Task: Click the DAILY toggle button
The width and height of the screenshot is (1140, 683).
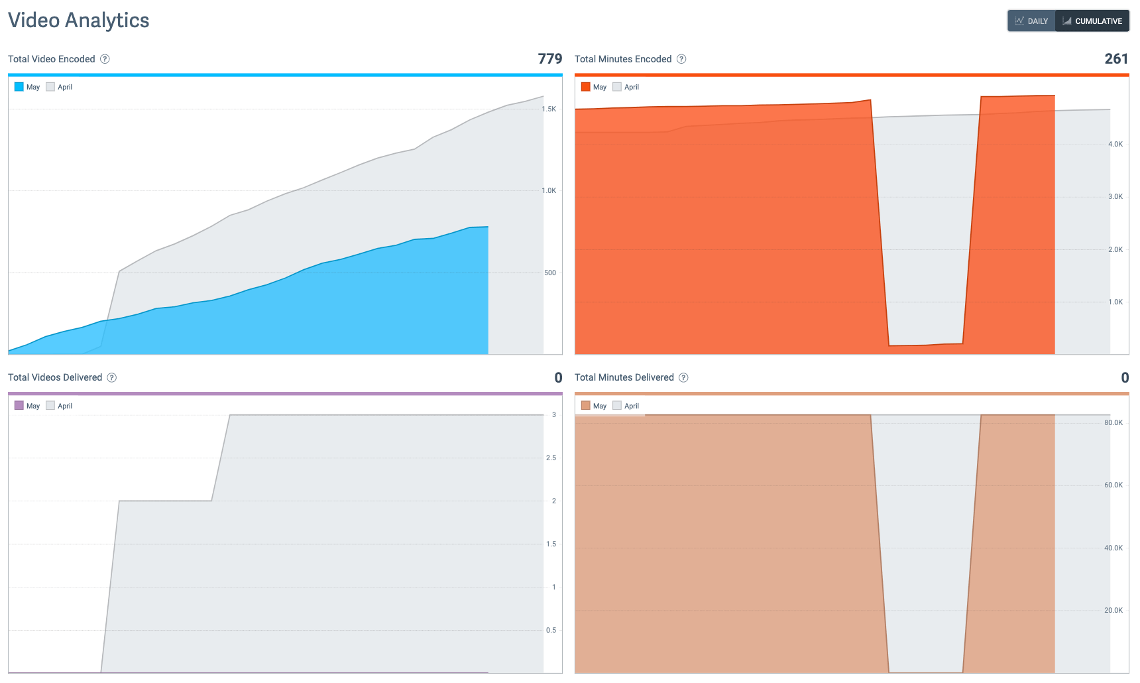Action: pyautogui.click(x=1031, y=21)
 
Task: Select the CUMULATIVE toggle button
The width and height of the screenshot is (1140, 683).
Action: pyautogui.click(x=1092, y=21)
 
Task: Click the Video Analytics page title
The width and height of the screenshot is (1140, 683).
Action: pyautogui.click(x=79, y=21)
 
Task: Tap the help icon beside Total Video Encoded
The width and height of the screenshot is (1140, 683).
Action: pyautogui.click(x=105, y=59)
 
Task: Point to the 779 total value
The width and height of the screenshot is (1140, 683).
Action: pyautogui.click(x=549, y=59)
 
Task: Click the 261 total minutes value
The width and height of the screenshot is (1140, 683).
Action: pyautogui.click(x=1116, y=59)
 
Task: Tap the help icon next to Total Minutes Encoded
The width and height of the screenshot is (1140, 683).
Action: pyautogui.click(x=681, y=59)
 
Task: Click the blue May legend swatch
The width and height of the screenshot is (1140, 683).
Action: pyautogui.click(x=19, y=87)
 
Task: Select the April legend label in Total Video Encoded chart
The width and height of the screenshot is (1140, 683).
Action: pyautogui.click(x=65, y=87)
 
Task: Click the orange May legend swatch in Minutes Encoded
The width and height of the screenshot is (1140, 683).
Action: pyautogui.click(x=586, y=87)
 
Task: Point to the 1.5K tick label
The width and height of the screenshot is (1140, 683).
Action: pyautogui.click(x=549, y=109)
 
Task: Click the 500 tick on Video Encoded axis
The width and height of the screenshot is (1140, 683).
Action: pyautogui.click(x=550, y=273)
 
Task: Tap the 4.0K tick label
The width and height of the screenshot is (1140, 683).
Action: pyautogui.click(x=1115, y=145)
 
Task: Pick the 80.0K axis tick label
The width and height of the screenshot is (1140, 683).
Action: pyautogui.click(x=1113, y=423)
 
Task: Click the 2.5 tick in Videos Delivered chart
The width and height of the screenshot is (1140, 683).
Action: pyautogui.click(x=551, y=458)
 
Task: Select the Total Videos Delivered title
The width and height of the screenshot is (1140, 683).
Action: pyautogui.click(x=55, y=377)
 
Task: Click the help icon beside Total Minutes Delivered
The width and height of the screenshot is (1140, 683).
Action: pyautogui.click(x=683, y=377)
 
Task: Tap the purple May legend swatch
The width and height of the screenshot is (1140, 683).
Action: pyautogui.click(x=19, y=406)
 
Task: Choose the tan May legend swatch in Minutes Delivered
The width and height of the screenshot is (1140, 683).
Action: pyautogui.click(x=586, y=406)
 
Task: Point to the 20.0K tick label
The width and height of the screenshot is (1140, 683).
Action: pyautogui.click(x=1113, y=611)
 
